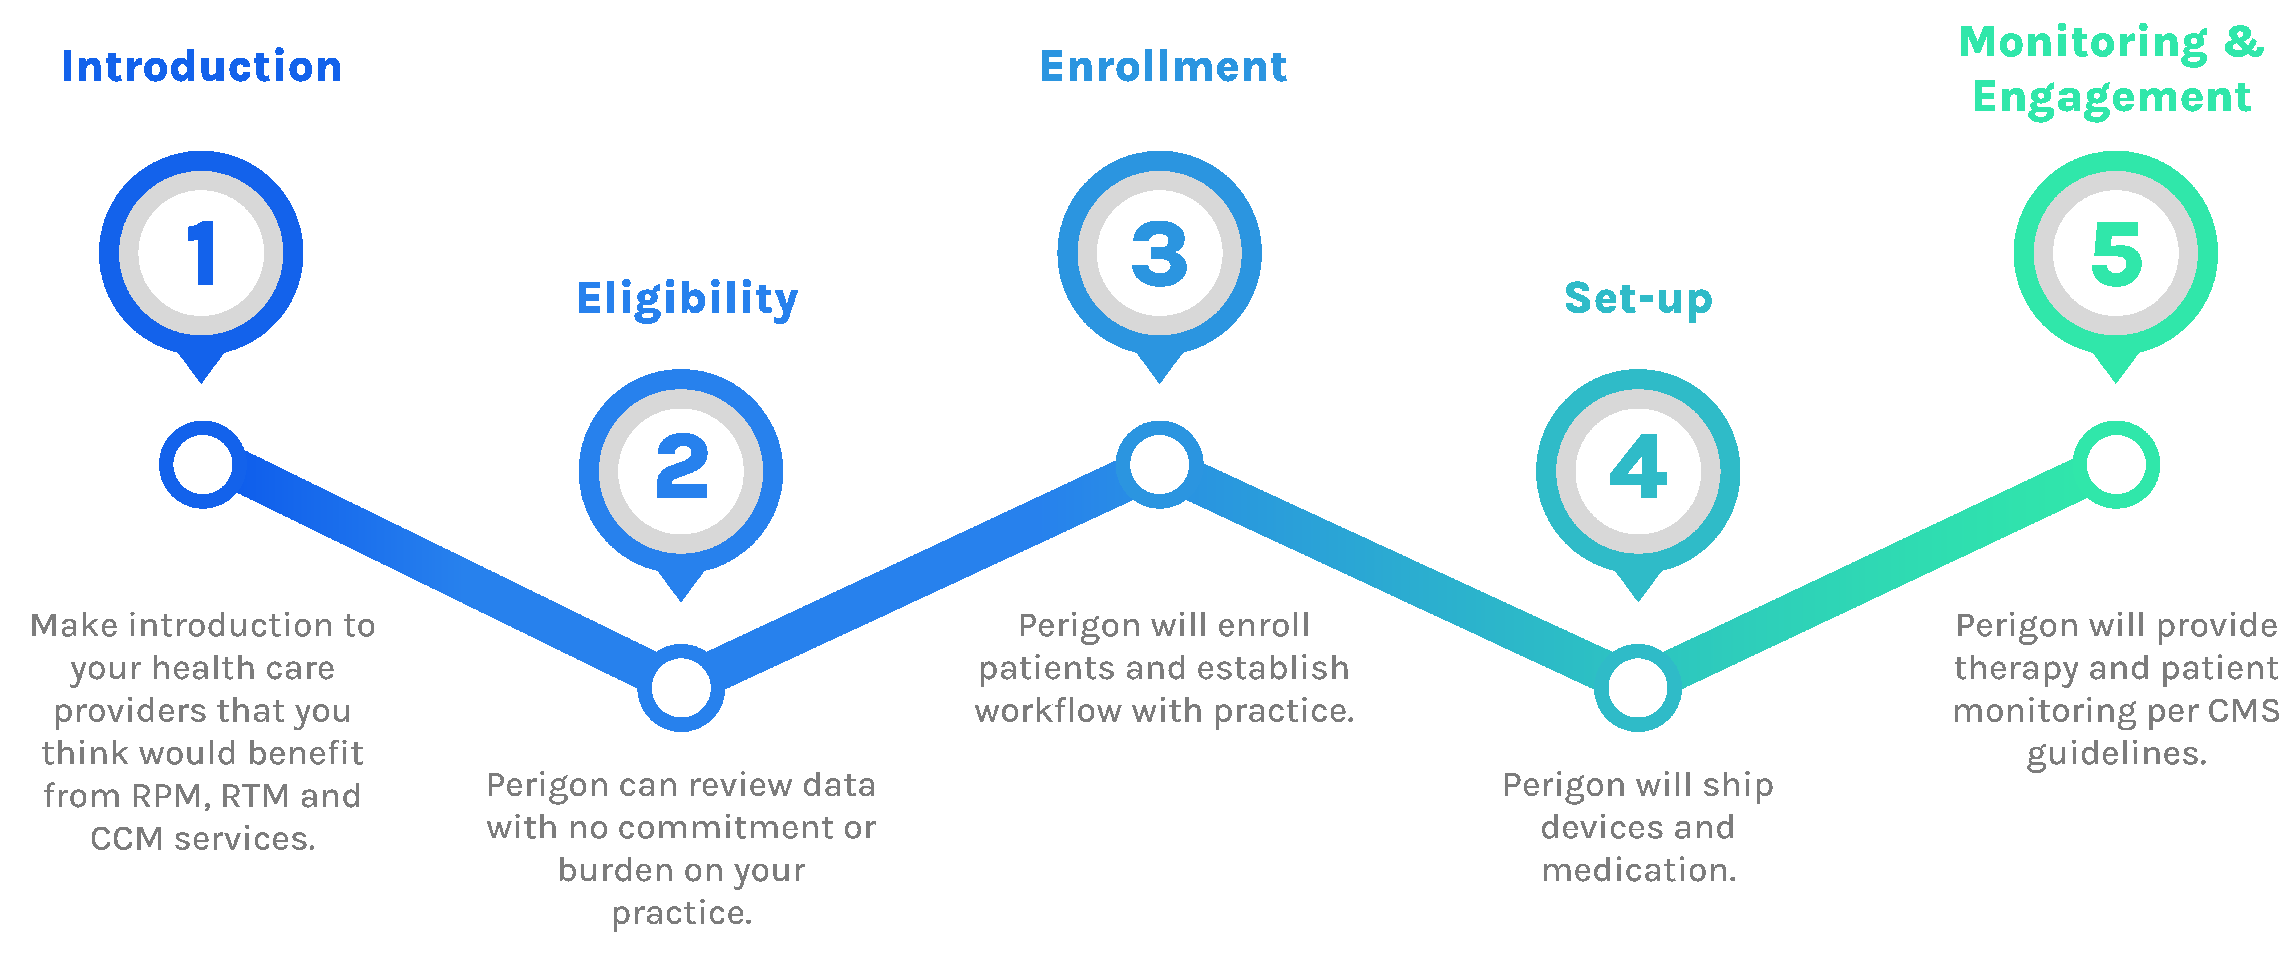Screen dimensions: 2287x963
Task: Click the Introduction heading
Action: (201, 67)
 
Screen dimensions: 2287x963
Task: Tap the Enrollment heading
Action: (1163, 67)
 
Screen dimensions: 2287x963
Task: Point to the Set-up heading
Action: (1638, 299)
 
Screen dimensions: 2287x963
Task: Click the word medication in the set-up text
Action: (1638, 870)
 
